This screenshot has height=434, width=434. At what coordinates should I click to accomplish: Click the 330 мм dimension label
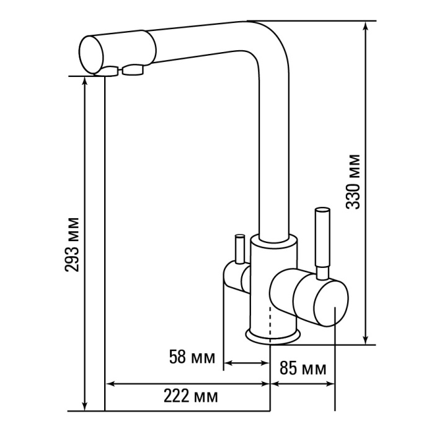pyautogui.click(x=353, y=182)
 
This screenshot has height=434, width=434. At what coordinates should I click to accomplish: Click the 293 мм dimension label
pyautogui.click(x=72, y=245)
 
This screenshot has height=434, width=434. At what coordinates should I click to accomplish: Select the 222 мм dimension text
pyautogui.click(x=191, y=396)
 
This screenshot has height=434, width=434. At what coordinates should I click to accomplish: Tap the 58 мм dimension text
pyautogui.click(x=192, y=356)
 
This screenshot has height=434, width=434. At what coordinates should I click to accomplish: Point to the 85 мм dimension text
pyautogui.click(x=303, y=368)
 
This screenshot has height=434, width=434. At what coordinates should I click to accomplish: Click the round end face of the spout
pyautogui.click(x=91, y=55)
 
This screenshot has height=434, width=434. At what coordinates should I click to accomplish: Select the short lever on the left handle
pyautogui.click(x=239, y=249)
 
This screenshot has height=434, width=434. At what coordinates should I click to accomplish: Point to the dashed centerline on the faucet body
pyautogui.click(x=270, y=322)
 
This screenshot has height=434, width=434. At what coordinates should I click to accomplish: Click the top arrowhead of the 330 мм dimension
pyautogui.click(x=366, y=25)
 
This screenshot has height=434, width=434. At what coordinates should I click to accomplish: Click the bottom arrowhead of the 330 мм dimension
pyautogui.click(x=366, y=340)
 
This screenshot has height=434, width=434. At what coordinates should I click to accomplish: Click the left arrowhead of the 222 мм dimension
pyautogui.click(x=110, y=384)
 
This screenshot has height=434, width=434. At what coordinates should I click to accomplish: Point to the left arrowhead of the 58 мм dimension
pyautogui.click(x=228, y=362)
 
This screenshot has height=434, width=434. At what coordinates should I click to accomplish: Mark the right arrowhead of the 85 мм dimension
pyautogui.click(x=330, y=384)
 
